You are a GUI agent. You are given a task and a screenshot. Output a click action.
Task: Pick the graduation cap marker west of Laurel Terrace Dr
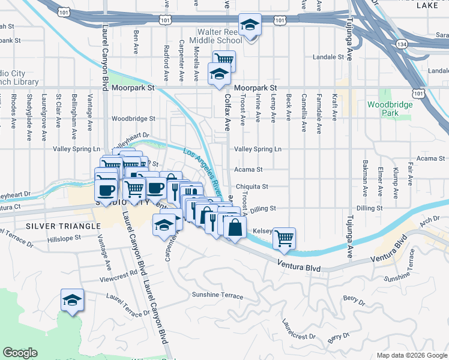point(72,300)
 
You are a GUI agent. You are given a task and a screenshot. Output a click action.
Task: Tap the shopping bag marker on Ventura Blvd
point(235,227)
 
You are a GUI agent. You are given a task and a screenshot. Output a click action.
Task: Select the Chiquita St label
point(252,187)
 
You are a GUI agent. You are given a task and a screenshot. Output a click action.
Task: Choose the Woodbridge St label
point(133,119)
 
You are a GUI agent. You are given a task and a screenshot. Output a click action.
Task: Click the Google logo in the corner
point(20,352)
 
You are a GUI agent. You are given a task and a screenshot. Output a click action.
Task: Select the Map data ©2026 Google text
point(412,355)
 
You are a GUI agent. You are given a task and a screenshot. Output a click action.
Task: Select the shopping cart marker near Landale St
point(224,61)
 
